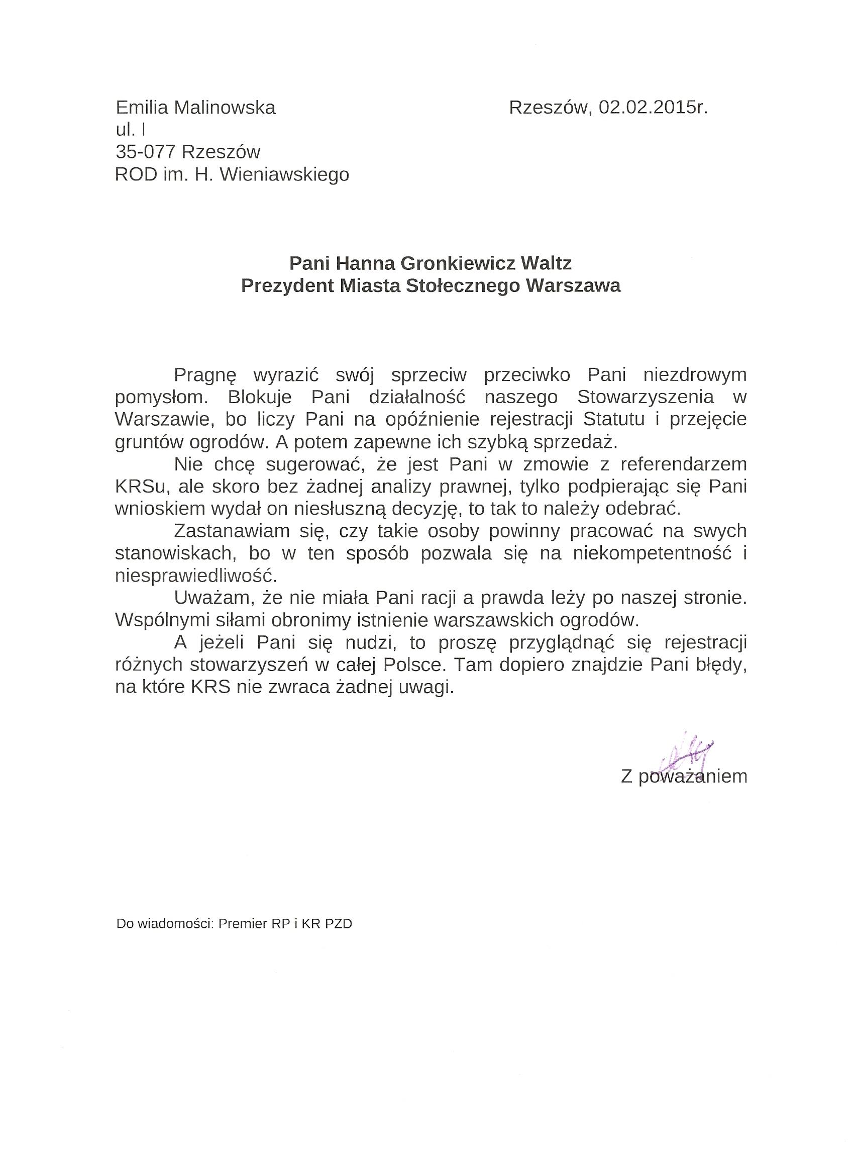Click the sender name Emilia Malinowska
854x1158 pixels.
[x=195, y=108]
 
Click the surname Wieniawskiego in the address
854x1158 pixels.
[x=284, y=175]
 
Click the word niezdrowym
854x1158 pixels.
[x=692, y=375]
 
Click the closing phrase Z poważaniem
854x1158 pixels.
[x=683, y=777]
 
